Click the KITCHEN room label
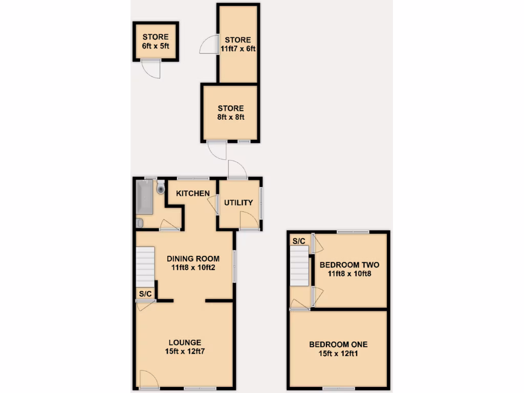[193, 193]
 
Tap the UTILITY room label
[238, 203]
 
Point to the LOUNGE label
[185, 342]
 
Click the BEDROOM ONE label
[338, 344]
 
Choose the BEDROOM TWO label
[350, 265]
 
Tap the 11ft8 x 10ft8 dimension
[350, 274]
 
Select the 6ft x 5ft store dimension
[156, 46]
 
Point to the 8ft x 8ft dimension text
[231, 117]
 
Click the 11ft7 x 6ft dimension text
[238, 49]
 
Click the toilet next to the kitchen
[161, 188]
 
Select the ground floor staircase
[145, 267]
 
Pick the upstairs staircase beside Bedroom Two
[300, 266]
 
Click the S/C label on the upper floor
[299, 241]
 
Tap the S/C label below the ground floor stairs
[145, 294]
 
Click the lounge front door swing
[148, 379]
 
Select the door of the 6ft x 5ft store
[151, 70]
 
